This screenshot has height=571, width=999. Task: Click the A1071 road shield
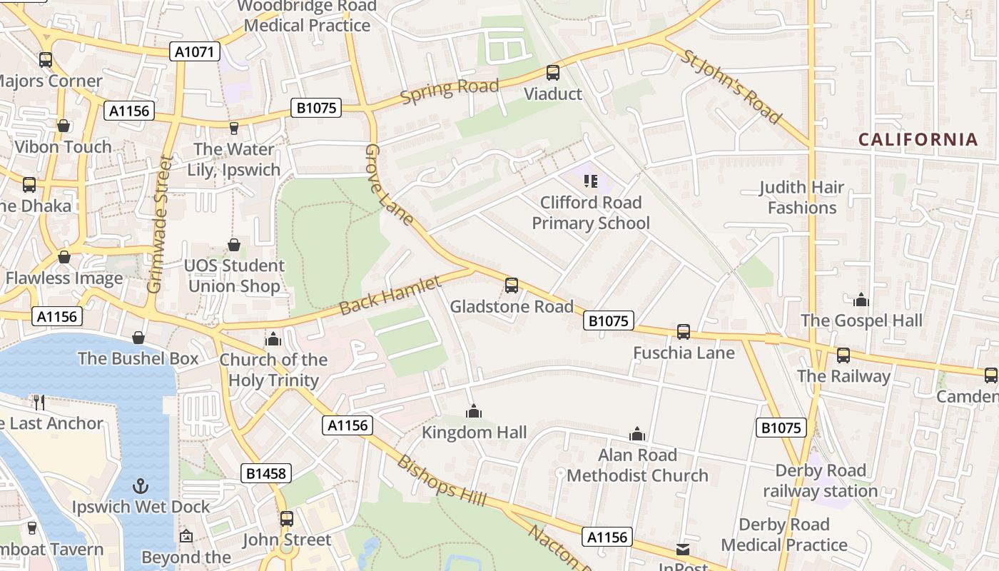coord(195,51)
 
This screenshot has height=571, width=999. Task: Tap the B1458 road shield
coord(265,473)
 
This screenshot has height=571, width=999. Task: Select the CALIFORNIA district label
coord(918,139)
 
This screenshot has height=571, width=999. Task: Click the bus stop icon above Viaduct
coord(553,73)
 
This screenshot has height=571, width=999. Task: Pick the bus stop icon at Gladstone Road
coord(512,285)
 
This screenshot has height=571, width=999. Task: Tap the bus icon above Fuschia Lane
coord(684,332)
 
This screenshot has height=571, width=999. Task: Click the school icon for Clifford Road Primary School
coord(591,181)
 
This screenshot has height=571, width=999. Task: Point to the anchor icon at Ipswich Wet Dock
coord(141,486)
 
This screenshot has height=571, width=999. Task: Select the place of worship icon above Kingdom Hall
coord(474,412)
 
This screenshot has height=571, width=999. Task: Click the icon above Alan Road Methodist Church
coord(637,434)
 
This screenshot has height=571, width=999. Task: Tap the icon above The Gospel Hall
coord(861,300)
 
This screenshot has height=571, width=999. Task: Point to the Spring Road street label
coord(450,91)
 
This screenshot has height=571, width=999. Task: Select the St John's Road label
coord(732,86)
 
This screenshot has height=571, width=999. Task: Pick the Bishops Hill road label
coord(442,480)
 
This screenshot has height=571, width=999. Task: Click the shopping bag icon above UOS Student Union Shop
coord(234,246)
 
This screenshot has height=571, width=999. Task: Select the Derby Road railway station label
coord(821,481)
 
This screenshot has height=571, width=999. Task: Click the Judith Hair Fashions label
coord(801,198)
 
